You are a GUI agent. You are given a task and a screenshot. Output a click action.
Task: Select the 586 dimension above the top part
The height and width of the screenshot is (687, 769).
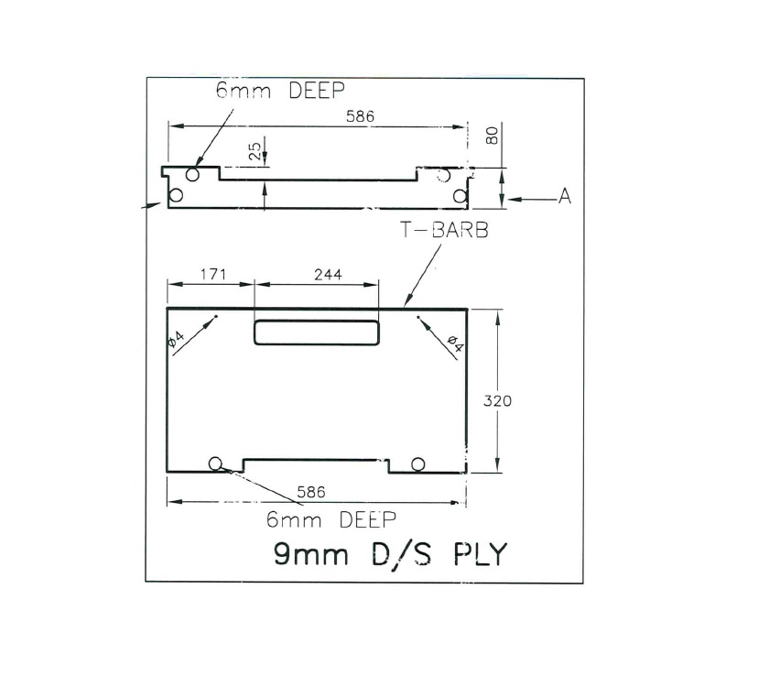pyautogui.click(x=360, y=116)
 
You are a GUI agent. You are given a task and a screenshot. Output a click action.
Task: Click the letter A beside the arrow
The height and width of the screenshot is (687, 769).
pyautogui.click(x=565, y=197)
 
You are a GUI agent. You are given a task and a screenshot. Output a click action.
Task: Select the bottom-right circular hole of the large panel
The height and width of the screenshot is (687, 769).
pyautogui.click(x=418, y=464)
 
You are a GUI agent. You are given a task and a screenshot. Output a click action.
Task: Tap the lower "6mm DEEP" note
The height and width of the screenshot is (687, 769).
pyautogui.click(x=330, y=519)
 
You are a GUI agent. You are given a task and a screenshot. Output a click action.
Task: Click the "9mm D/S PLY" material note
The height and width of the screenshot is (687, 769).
pyautogui.click(x=389, y=554)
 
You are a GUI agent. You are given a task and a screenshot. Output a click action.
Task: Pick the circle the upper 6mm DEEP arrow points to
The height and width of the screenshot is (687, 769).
pyautogui.click(x=192, y=175)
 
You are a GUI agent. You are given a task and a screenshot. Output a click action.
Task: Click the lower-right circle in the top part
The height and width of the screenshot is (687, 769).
pyautogui.click(x=460, y=196)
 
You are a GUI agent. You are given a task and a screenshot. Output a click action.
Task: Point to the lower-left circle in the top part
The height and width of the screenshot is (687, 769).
pyautogui.click(x=176, y=195)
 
